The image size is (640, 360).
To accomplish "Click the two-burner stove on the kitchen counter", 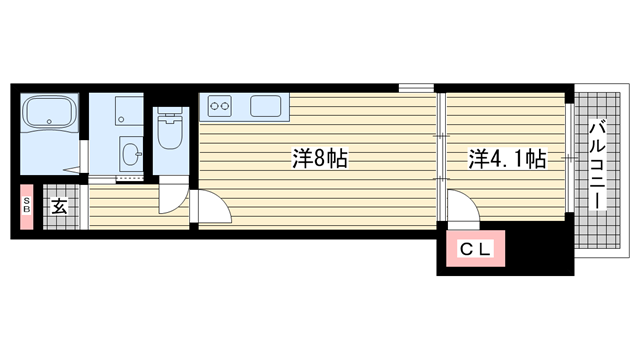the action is click(219, 104).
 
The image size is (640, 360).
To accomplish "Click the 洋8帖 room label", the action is click(319, 158).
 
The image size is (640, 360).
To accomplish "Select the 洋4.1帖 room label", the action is click(507, 158).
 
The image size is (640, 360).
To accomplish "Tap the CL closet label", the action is click(475, 250).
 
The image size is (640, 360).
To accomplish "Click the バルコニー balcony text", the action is click(597, 165).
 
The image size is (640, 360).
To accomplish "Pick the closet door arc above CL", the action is click(461, 209).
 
